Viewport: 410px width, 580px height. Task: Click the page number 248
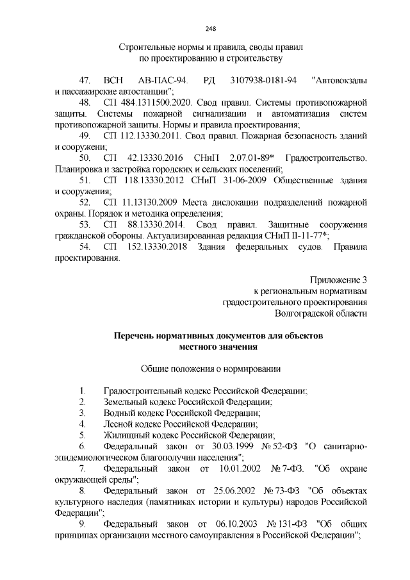(209, 28)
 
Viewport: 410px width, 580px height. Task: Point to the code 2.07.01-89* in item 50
(241, 158)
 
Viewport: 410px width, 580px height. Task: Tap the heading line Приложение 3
(338, 280)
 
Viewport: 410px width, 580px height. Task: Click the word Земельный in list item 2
(123, 402)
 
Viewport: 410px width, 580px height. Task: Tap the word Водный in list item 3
(117, 413)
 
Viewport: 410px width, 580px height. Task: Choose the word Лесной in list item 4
(117, 424)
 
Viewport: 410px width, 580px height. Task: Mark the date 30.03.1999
(222, 446)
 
